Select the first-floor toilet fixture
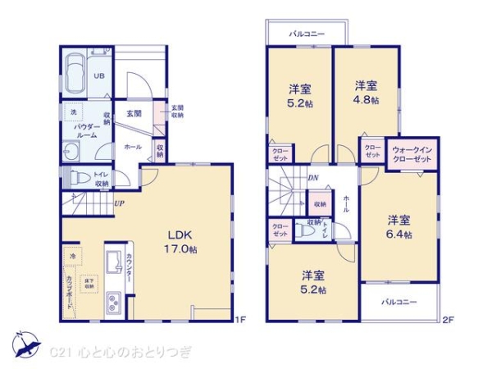[76, 178]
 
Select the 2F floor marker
[448, 319]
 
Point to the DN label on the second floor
[312, 176]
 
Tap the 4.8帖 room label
[367, 93]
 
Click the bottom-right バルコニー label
[399, 302]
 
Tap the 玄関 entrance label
[134, 113]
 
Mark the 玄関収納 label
[177, 112]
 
